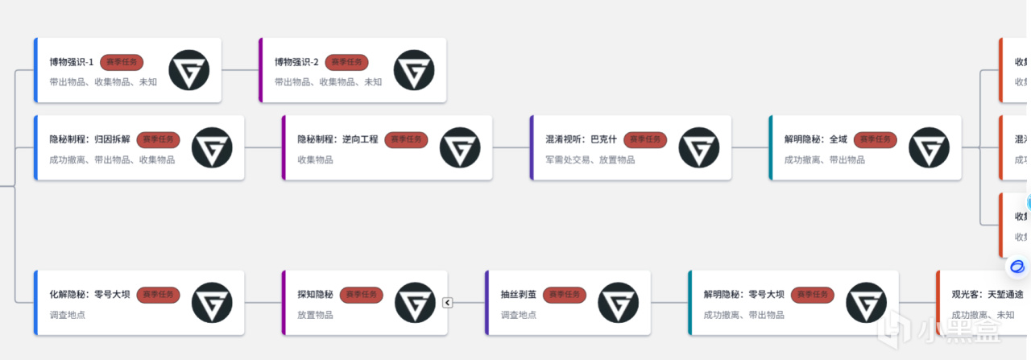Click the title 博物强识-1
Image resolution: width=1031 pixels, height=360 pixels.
point(72,62)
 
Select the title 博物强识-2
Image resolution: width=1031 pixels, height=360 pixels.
point(296,62)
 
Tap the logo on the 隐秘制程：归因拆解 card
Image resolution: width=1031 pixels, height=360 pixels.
point(212,147)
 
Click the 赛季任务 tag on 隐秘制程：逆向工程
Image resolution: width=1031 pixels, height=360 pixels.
point(406,139)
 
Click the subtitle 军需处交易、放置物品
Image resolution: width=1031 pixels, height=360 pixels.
point(590,159)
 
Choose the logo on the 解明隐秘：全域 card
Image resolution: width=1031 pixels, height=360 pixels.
point(929,147)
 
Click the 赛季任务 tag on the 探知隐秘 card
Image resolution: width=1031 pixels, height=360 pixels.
point(361,295)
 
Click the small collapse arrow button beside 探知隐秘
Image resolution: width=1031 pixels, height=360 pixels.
point(448,303)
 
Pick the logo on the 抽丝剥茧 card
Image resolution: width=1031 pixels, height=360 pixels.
point(619,303)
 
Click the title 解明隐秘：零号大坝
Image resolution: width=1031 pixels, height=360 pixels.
point(743,295)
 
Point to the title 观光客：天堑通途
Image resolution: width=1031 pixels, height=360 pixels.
point(988,295)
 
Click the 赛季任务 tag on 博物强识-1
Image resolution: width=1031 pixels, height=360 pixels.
point(122,62)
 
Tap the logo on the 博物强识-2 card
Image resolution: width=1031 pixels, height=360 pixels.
point(414,70)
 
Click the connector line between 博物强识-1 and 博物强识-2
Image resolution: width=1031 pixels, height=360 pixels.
point(240,70)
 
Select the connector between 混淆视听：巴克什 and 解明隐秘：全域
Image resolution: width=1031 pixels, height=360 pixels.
point(750,147)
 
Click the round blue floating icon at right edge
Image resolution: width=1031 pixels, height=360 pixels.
point(1017,267)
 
